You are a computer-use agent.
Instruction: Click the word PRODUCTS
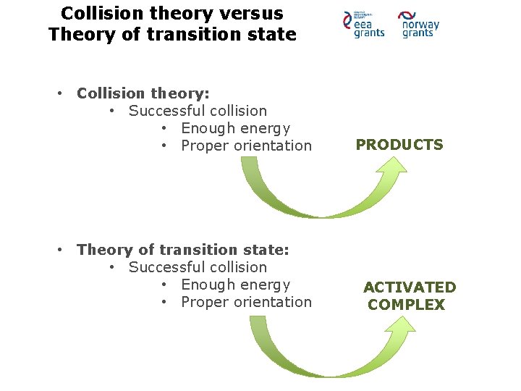[399, 145]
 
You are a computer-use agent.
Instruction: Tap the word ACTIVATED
[410, 287]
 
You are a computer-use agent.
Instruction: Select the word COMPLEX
[406, 305]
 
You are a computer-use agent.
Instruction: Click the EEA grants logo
[364, 25]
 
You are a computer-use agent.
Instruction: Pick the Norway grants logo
[419, 25]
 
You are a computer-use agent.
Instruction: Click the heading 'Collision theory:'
[143, 93]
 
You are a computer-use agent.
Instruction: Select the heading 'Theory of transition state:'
[183, 250]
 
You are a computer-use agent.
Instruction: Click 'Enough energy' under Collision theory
[235, 128]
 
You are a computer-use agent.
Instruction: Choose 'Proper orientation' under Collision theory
[246, 146]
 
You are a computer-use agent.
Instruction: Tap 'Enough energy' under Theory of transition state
[235, 285]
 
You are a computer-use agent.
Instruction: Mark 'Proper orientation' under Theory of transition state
[246, 302]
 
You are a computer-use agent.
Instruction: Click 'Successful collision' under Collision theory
[198, 111]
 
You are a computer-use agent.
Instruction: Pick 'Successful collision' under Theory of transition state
[198, 267]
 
